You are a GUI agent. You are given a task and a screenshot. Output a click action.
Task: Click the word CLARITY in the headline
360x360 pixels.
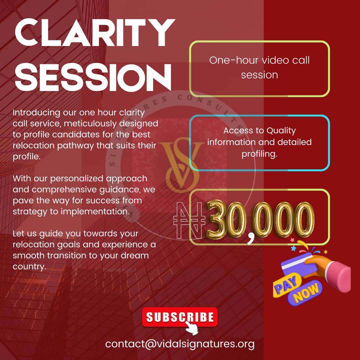(95, 33)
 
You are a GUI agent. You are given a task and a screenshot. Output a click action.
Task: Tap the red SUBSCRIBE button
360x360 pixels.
(180, 317)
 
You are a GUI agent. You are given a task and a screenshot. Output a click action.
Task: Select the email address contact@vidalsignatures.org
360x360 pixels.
(180, 344)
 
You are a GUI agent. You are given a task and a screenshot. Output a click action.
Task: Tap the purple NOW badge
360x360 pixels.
(306, 293)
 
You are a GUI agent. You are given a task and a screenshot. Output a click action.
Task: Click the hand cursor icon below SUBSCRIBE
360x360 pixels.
(191, 328)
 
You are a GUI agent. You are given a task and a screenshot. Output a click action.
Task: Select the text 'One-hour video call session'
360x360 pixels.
(259, 67)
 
